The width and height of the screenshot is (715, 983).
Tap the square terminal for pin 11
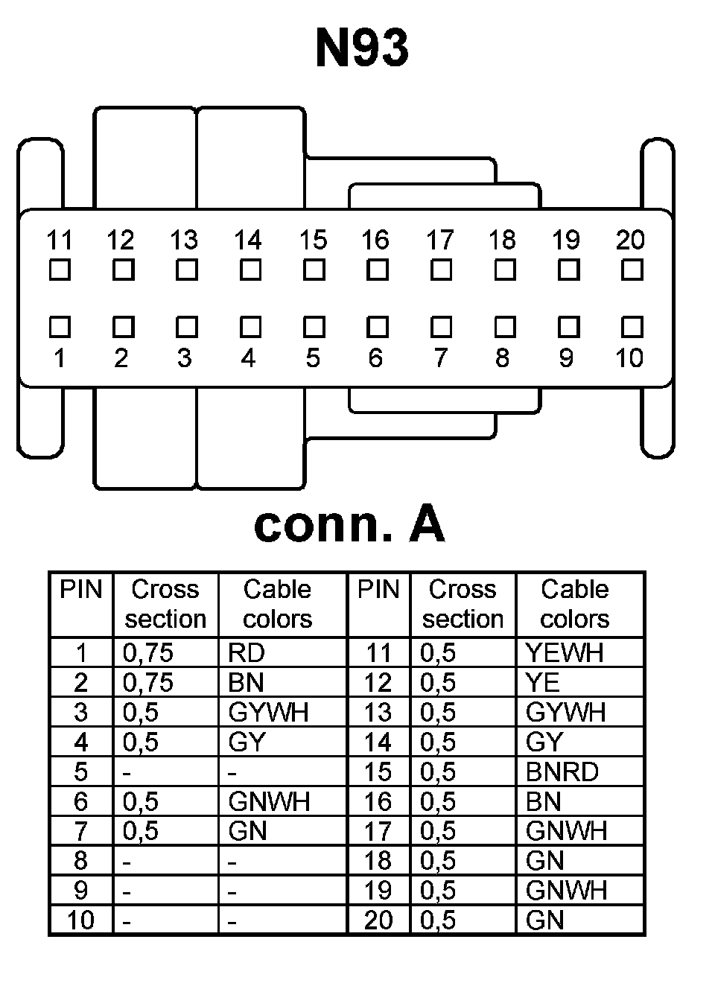click(60, 270)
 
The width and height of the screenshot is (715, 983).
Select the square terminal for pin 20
click(632, 270)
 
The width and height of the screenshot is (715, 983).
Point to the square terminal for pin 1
click(60, 327)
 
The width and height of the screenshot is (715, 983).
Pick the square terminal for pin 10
click(632, 327)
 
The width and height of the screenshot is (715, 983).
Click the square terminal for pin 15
click(314, 270)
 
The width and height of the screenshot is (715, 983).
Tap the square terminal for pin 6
click(378, 327)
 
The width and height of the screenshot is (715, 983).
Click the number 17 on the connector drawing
click(439, 240)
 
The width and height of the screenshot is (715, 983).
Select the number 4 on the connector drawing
click(249, 358)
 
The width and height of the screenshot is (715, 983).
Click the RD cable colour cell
click(247, 653)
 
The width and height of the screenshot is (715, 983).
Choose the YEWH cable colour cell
click(564, 653)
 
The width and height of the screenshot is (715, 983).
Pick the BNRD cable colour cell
click(562, 772)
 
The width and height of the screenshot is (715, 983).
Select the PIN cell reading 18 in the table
click(378, 861)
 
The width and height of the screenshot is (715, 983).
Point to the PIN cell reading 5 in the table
click(81, 772)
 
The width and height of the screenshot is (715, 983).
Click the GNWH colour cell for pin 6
click(269, 802)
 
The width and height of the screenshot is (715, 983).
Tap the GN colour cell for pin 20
click(544, 920)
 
